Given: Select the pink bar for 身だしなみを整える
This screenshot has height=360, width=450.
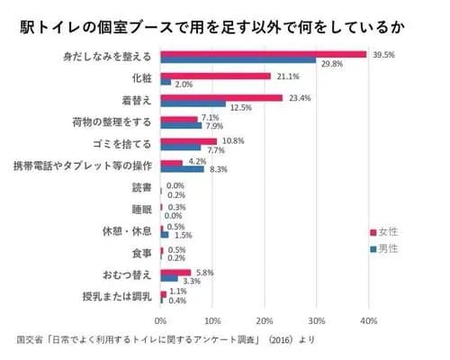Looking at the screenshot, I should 263,54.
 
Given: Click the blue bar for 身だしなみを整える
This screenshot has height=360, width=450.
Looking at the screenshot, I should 238,61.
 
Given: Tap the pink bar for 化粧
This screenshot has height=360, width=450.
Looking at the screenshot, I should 215,76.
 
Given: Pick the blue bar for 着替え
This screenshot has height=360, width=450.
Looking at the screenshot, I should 193,104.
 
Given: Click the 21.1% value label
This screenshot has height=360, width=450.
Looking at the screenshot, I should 285,76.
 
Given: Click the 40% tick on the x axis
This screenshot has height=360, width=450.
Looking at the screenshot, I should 367,320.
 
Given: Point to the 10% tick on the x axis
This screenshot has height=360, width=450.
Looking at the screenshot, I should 212,320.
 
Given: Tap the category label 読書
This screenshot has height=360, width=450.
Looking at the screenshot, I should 142,187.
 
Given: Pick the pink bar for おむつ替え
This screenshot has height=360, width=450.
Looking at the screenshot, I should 175,271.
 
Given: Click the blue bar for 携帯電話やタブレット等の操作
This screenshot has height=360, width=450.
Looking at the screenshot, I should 182,169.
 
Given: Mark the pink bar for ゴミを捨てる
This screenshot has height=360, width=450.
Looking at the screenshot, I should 188,140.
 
